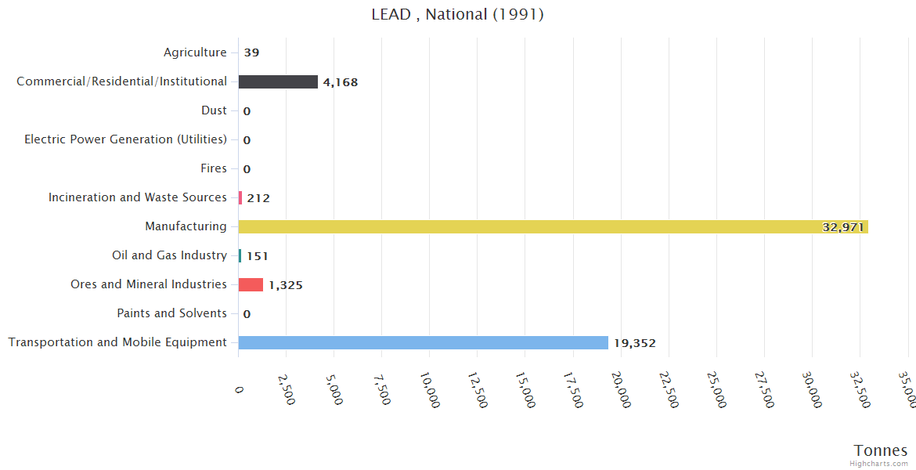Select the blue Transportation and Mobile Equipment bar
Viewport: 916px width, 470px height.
pyautogui.click(x=423, y=342)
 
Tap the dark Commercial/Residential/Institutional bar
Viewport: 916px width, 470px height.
pyautogui.click(x=278, y=81)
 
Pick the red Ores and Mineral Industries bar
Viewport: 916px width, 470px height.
pyautogui.click(x=251, y=284)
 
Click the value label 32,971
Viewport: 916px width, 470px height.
pyautogui.click(x=842, y=227)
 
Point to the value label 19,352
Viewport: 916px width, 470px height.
pyautogui.click(x=634, y=343)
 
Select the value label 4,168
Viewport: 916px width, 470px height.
pyautogui.click(x=341, y=82)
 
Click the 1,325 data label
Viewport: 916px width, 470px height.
pyautogui.click(x=286, y=285)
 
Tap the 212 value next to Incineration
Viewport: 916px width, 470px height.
pyautogui.click(x=258, y=198)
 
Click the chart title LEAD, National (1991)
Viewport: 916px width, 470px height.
pyautogui.click(x=458, y=14)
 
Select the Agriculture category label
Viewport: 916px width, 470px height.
pyautogui.click(x=195, y=52)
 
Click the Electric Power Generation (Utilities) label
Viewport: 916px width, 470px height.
pyautogui.click(x=125, y=139)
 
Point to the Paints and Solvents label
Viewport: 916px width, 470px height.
pyautogui.click(x=171, y=313)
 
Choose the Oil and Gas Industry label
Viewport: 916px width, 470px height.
pyautogui.click(x=169, y=255)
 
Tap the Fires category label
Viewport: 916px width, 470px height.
pyautogui.click(x=214, y=168)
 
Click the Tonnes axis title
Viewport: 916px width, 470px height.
pyautogui.click(x=881, y=450)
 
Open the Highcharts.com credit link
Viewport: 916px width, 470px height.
pyautogui.click(x=879, y=463)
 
